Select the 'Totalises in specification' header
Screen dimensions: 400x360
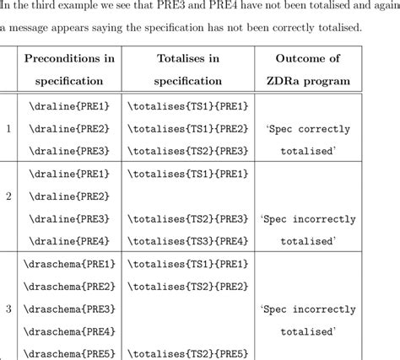click(188, 71)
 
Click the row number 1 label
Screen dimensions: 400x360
click(8, 129)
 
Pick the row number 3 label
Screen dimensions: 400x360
click(8, 309)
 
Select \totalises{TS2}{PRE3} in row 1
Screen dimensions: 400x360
click(188, 151)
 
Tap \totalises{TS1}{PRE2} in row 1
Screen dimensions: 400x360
click(188, 129)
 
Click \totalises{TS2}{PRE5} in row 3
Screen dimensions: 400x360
click(188, 353)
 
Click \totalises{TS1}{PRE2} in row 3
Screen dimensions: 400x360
click(188, 286)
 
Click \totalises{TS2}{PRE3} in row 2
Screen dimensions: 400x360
click(188, 218)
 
